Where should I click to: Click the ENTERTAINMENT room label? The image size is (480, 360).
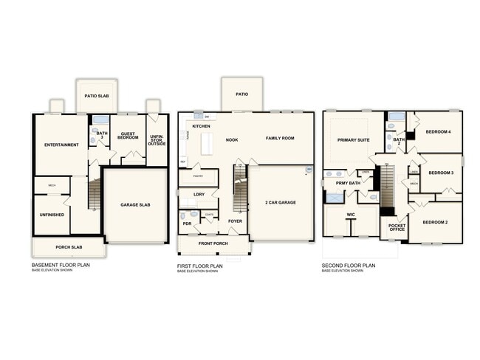tap(61, 145)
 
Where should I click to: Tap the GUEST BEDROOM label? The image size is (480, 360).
tap(128, 135)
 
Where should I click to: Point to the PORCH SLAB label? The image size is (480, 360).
tap(69, 247)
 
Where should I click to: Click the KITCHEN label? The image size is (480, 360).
tap(202, 127)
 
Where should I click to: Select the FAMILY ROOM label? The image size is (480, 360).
tap(280, 138)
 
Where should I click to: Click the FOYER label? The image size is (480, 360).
tap(235, 221)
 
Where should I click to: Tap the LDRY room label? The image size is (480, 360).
tap(198, 194)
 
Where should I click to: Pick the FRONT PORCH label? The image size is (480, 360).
tap(213, 243)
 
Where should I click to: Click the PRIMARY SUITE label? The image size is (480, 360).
tap(353, 139)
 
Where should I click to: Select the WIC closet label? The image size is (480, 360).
tap(352, 215)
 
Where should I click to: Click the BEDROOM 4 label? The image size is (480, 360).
tap(439, 132)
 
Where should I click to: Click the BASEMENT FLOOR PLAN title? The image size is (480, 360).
tap(61, 265)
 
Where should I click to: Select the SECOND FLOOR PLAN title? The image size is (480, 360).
tap(349, 265)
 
